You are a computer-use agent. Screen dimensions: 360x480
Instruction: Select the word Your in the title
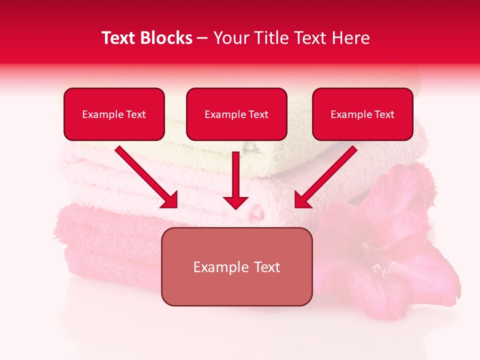click(x=231, y=38)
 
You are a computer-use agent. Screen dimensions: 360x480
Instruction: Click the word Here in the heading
click(x=351, y=38)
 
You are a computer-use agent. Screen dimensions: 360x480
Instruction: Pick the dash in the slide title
click(x=202, y=38)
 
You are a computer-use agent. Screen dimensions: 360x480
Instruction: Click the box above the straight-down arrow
click(x=236, y=114)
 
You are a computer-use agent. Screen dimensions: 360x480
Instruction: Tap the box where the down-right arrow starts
click(x=114, y=114)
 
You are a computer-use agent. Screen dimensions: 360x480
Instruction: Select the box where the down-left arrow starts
click(x=362, y=114)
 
